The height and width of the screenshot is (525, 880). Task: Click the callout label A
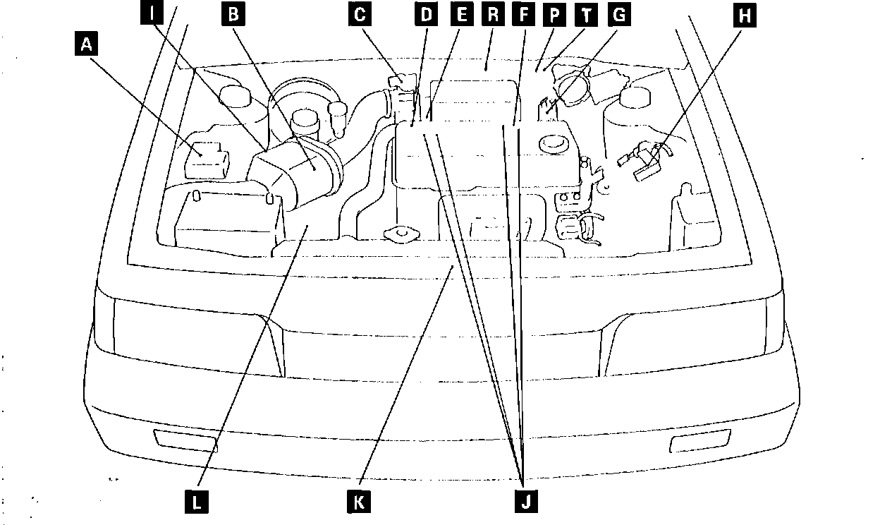[87, 46]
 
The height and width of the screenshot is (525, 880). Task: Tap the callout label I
[152, 13]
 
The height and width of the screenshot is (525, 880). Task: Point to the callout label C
[360, 13]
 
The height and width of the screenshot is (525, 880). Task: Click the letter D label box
[426, 13]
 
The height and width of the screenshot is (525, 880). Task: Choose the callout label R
[492, 13]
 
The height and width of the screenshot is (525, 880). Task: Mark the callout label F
[522, 13]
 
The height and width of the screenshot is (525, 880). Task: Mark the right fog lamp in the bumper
[695, 443]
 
